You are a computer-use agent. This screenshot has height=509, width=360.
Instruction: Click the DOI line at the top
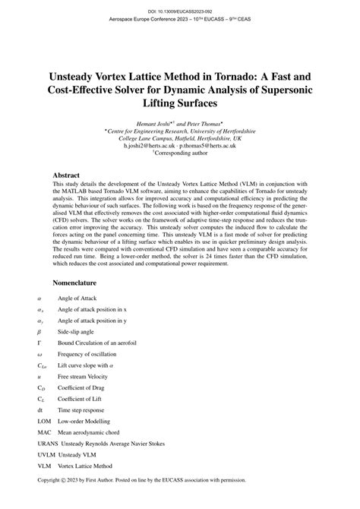[180, 12]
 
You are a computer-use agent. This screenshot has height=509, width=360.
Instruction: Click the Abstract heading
[70, 174]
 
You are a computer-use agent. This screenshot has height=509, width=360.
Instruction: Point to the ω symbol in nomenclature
[39, 356]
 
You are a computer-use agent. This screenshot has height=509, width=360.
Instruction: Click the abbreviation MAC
[44, 432]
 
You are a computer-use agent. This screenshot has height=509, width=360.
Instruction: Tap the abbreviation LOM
[44, 420]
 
